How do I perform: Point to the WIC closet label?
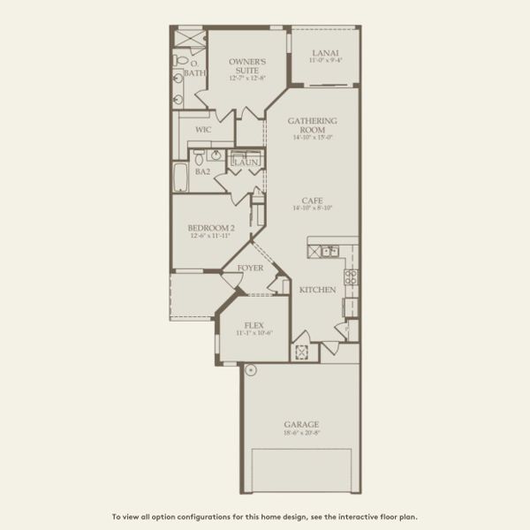(202, 129)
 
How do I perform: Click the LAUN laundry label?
(244, 163)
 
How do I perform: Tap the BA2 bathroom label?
(202, 171)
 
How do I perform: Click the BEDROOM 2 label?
(210, 228)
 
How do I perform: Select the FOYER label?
(248, 264)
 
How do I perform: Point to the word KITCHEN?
(316, 290)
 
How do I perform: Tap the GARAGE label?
(302, 424)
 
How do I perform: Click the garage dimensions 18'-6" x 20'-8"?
(302, 433)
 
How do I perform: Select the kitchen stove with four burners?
(350, 279)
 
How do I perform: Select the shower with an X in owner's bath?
(187, 39)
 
